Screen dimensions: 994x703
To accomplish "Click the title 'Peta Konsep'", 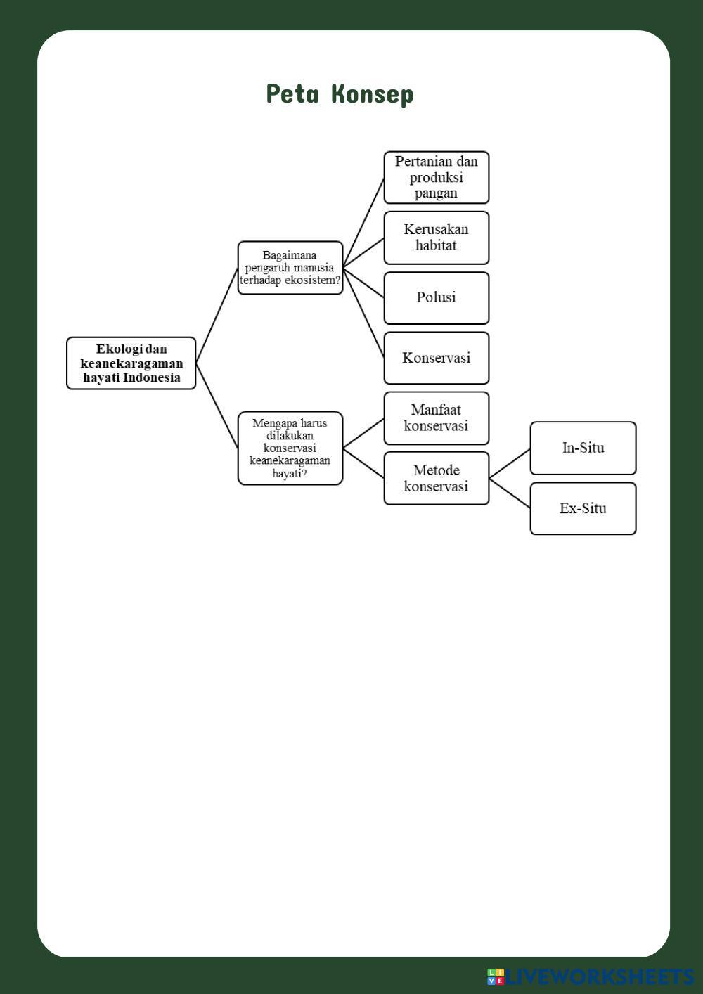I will click(340, 93).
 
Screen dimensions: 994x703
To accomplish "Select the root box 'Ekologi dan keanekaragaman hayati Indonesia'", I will click(131, 363).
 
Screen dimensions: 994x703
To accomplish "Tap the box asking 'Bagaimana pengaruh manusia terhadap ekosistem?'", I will click(290, 268).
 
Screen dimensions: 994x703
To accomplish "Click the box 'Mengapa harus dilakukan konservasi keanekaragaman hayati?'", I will click(290, 448).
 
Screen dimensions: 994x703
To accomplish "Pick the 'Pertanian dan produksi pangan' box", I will click(436, 177).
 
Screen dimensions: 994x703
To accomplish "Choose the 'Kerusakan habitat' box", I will click(436, 238).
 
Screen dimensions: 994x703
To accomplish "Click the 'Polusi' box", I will click(436, 297).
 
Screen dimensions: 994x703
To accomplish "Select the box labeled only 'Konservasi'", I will click(436, 358).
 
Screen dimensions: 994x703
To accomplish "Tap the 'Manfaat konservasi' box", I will click(436, 418).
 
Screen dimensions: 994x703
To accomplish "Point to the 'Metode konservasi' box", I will click(436, 478).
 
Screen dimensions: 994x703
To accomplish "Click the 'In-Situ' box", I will click(583, 448).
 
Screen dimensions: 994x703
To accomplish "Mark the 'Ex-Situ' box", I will click(583, 508).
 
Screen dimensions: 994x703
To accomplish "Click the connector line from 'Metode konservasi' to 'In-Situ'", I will click(510, 463).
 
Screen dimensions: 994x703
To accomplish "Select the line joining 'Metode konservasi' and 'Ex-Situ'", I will click(510, 493).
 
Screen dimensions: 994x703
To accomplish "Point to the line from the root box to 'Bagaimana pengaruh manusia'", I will click(217, 316).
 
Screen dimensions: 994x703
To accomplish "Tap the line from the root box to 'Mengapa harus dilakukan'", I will click(217, 406).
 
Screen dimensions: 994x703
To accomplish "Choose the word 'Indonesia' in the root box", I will click(151, 377).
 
